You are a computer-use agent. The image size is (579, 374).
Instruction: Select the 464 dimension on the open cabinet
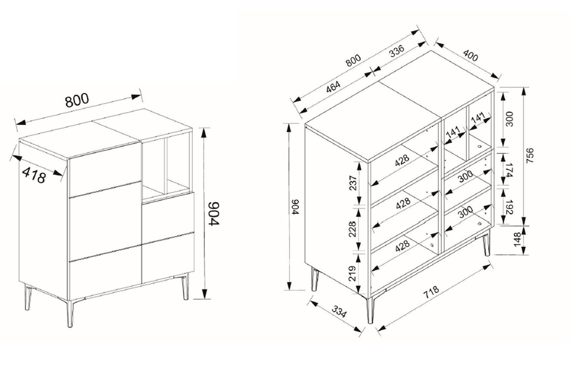point(333,87)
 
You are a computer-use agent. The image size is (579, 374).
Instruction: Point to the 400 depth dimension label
point(470,56)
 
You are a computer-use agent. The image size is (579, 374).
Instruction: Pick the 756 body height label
point(530,155)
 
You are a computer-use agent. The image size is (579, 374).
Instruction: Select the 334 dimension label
point(339,312)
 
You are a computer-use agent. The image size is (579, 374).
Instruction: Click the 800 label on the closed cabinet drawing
point(77,100)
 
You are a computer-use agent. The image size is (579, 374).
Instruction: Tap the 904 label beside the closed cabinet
point(214,214)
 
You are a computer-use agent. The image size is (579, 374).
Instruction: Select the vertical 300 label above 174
point(509,119)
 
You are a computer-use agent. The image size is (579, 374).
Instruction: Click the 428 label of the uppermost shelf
point(402,160)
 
